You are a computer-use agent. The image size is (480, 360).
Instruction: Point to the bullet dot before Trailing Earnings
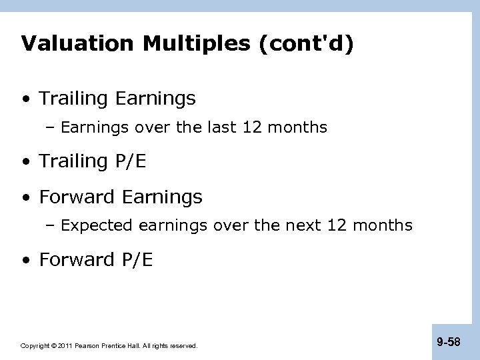pyautogui.click(x=25, y=99)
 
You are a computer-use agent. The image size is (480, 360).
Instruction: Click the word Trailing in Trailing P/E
pyautogui.click(x=73, y=161)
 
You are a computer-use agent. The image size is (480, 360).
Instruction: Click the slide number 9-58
pyautogui.click(x=449, y=341)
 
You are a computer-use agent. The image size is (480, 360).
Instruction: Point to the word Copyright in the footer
pyautogui.click(x=35, y=346)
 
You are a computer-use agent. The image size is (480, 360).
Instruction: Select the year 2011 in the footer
pyautogui.click(x=65, y=346)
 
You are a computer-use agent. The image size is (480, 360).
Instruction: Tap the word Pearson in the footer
pyautogui.click(x=88, y=346)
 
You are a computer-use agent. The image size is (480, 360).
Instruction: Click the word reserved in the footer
pyautogui.click(x=184, y=346)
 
